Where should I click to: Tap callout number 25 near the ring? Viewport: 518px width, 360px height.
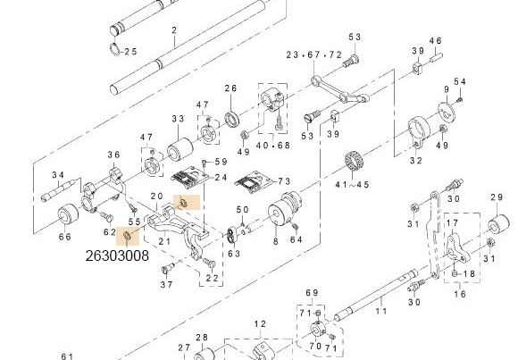[x=129, y=52]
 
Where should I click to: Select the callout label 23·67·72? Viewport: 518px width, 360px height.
[x=314, y=55]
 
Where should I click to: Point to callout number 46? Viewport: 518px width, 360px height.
[x=436, y=41]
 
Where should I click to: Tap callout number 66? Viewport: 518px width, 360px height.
[x=65, y=237]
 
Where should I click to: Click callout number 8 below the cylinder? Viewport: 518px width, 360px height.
[x=274, y=242]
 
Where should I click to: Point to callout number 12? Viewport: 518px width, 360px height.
[x=260, y=323]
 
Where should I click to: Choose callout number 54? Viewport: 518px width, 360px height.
[x=460, y=82]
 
